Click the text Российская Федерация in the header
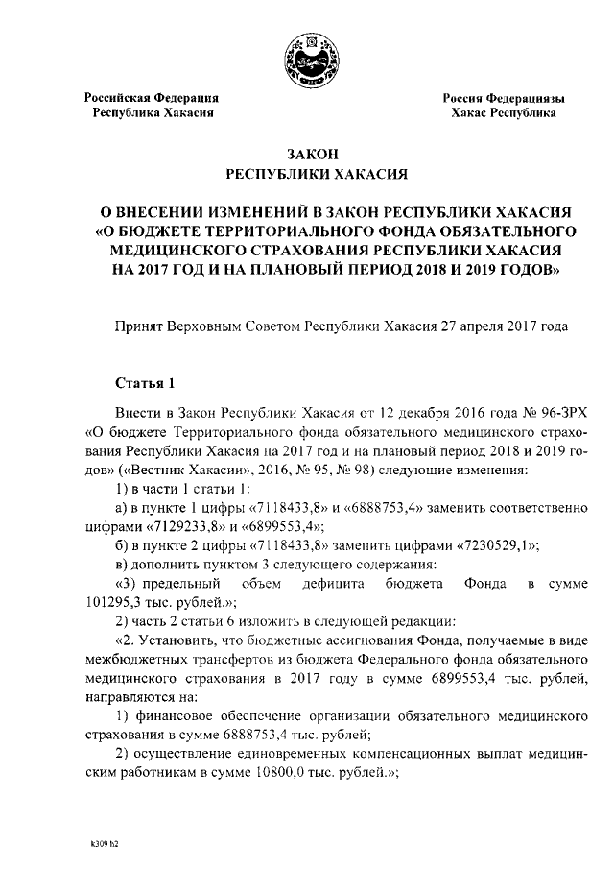coord(152,97)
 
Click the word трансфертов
coord(223,660)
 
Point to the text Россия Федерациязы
coord(504,97)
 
